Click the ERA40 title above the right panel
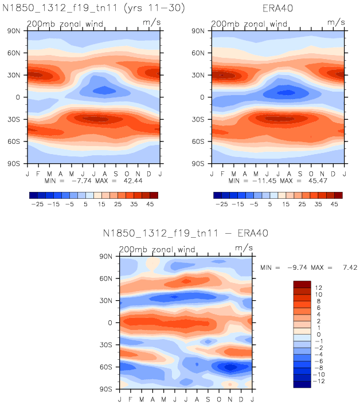point(277,9)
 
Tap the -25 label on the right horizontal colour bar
point(222,203)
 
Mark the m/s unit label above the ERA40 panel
point(335,22)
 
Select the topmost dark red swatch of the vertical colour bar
point(302,284)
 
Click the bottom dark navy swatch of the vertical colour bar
point(302,384)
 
